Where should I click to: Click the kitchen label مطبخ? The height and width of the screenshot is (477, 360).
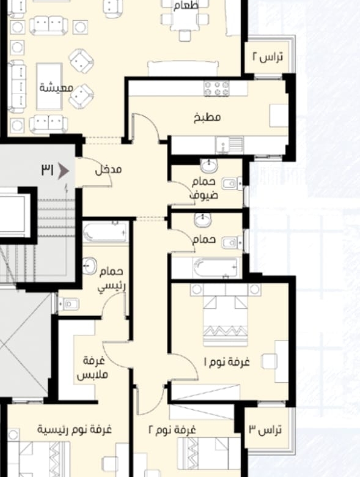click(207, 117)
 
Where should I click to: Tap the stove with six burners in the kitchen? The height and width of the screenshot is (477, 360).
click(216, 89)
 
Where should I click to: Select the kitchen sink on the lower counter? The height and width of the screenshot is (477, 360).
click(230, 145)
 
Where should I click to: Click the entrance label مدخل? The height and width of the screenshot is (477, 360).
click(108, 170)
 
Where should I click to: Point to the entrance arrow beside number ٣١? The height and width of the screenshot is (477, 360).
click(63, 171)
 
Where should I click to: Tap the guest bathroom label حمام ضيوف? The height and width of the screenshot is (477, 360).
click(204, 188)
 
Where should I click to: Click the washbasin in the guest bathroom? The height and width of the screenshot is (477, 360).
click(209, 166)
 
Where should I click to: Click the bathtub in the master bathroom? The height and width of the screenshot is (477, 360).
click(106, 233)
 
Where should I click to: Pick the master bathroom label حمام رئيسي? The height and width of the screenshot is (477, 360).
click(112, 279)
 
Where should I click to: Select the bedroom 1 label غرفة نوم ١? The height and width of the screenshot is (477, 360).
click(227, 362)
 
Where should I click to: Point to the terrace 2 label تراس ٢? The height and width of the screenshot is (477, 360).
click(268, 57)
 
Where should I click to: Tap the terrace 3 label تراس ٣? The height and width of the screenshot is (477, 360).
click(265, 430)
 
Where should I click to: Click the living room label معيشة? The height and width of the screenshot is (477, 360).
click(56, 87)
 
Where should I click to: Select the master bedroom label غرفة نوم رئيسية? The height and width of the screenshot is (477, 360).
click(75, 430)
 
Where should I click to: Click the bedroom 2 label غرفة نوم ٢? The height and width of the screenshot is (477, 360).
click(172, 430)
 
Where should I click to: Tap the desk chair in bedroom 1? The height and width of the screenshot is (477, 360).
click(269, 361)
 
